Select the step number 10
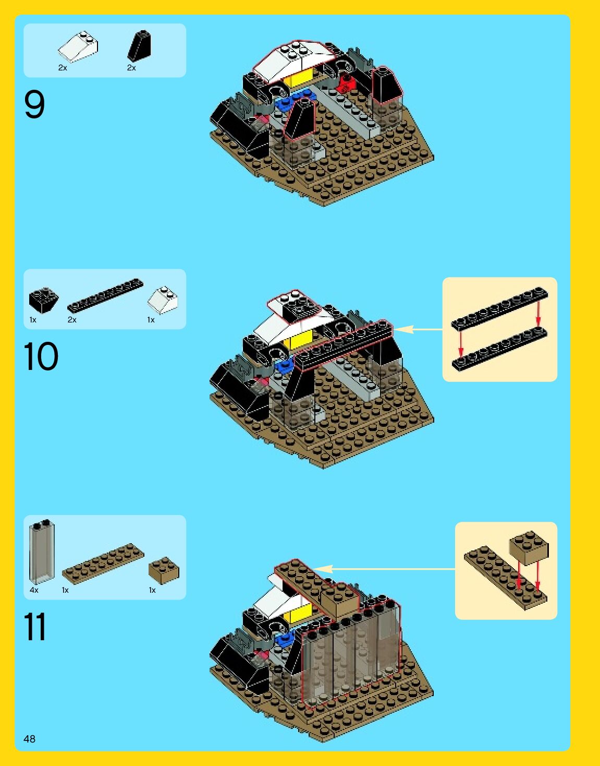click(41, 356)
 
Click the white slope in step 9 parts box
click(78, 47)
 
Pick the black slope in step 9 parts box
click(139, 46)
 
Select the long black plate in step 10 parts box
click(105, 295)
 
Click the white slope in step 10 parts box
click(163, 300)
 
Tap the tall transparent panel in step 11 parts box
click(42, 552)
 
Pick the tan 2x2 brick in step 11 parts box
click(164, 570)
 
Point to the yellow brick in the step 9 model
click(301, 78)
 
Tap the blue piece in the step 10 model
click(285, 366)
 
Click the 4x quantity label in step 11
click(34, 590)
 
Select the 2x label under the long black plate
click(72, 320)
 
